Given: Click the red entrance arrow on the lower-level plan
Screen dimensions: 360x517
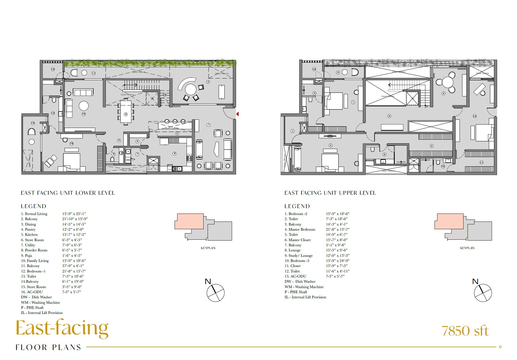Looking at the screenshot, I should click(237, 114).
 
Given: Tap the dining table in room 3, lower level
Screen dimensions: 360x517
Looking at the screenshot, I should click(126, 111).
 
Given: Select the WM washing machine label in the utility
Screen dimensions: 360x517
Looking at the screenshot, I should click(128, 160).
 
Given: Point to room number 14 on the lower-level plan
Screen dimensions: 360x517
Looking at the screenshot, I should click(33, 123).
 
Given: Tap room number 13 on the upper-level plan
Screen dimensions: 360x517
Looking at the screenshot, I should click(314, 69).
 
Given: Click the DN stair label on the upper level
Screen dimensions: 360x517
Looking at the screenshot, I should click(427, 107).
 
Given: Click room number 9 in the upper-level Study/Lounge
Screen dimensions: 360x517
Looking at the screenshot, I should click(443, 93).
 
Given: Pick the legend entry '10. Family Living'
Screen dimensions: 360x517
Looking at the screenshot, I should click(35, 261).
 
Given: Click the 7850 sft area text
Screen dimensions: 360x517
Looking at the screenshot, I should click(465, 331).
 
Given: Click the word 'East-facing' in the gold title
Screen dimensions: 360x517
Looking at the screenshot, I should click(62, 328).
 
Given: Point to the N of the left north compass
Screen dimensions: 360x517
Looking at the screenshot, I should click(208, 282).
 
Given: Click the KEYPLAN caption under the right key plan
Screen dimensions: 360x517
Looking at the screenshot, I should click(467, 248).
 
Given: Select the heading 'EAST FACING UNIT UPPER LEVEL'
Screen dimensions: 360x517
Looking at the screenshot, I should click(330, 193).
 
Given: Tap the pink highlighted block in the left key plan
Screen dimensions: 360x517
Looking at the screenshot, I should click(189, 222).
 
